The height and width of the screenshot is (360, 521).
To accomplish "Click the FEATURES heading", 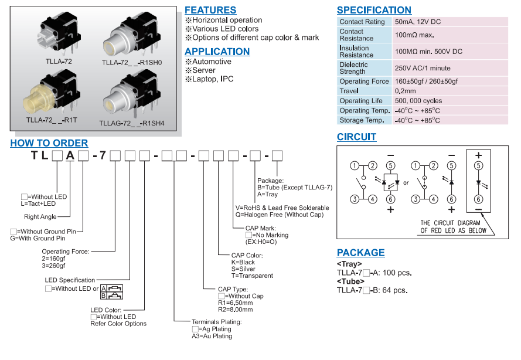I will [210, 10].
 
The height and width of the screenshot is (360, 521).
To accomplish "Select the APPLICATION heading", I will [217, 52].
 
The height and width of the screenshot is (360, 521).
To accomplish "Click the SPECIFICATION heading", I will [374, 10].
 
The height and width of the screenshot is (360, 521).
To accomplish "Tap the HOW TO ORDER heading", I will [49, 143].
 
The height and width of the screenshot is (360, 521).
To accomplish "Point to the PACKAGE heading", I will [360, 253].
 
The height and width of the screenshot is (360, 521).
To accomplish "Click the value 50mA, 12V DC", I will [418, 22].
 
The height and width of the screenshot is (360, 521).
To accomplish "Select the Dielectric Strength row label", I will [354, 68].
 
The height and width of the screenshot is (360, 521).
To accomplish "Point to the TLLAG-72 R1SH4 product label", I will [132, 124].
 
